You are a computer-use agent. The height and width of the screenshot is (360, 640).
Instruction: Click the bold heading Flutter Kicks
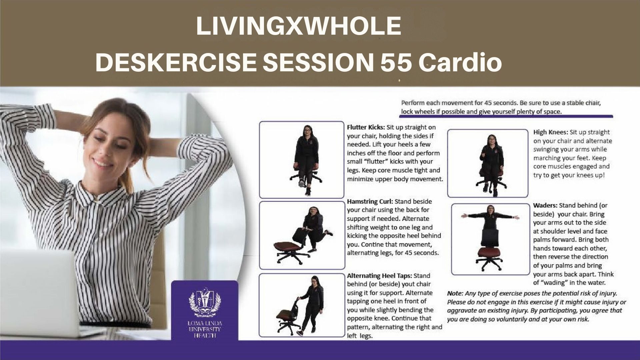pyautogui.click(x=366, y=127)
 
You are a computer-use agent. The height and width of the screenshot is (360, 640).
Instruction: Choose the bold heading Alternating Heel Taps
pyautogui.click(x=380, y=276)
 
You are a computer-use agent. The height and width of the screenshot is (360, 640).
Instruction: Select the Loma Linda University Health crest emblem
pyautogui.click(x=205, y=304)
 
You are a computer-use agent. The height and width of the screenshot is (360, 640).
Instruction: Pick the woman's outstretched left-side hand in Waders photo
pyautogui.click(x=464, y=216)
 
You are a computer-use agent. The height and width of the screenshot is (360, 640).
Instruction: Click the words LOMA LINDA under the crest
pyautogui.click(x=205, y=323)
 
